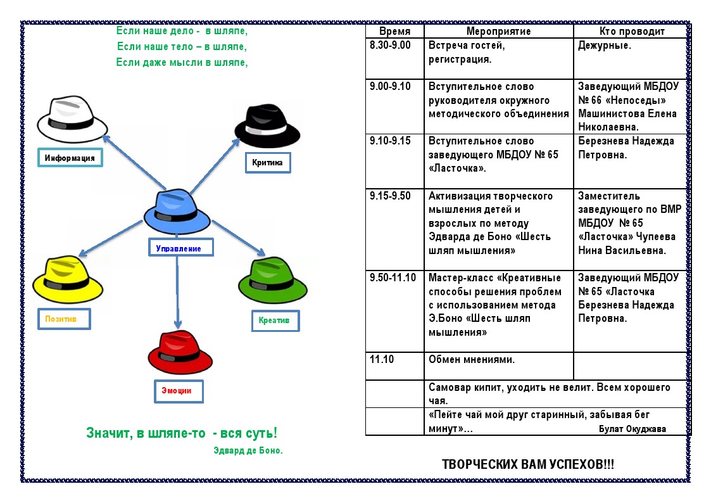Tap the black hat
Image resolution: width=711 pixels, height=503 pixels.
tap(267, 125)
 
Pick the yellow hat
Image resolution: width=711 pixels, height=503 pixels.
tap(68, 279)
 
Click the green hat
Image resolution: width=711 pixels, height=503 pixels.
tap(272, 280)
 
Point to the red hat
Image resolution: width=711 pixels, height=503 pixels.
tap(180, 352)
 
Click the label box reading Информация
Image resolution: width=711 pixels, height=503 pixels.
tap(70, 158)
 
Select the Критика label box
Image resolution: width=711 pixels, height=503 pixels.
tap(268, 162)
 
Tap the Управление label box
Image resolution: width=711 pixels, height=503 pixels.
tap(180, 248)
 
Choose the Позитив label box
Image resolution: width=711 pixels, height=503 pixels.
tap(64, 319)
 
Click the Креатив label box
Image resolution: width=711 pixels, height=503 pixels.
tap(275, 321)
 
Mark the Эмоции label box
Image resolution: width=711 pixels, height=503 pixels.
tap(178, 391)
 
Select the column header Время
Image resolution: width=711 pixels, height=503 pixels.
tap(394, 31)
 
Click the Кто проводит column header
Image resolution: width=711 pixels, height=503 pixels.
tap(632, 31)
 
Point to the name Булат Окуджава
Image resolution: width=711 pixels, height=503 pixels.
tap(632, 429)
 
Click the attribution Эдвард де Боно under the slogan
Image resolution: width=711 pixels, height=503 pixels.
tap(248, 450)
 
